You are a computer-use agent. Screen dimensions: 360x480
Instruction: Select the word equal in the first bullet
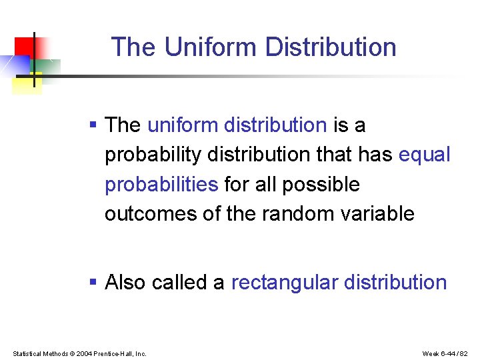424,155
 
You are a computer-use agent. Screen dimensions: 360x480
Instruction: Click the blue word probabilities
161,184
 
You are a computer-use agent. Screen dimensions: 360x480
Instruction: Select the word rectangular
283,283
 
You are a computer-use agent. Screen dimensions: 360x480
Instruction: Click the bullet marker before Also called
93,282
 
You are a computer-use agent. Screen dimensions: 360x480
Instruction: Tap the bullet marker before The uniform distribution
93,125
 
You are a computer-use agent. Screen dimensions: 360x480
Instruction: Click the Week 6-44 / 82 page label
445,353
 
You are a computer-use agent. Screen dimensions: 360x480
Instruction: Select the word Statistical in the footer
27,353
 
